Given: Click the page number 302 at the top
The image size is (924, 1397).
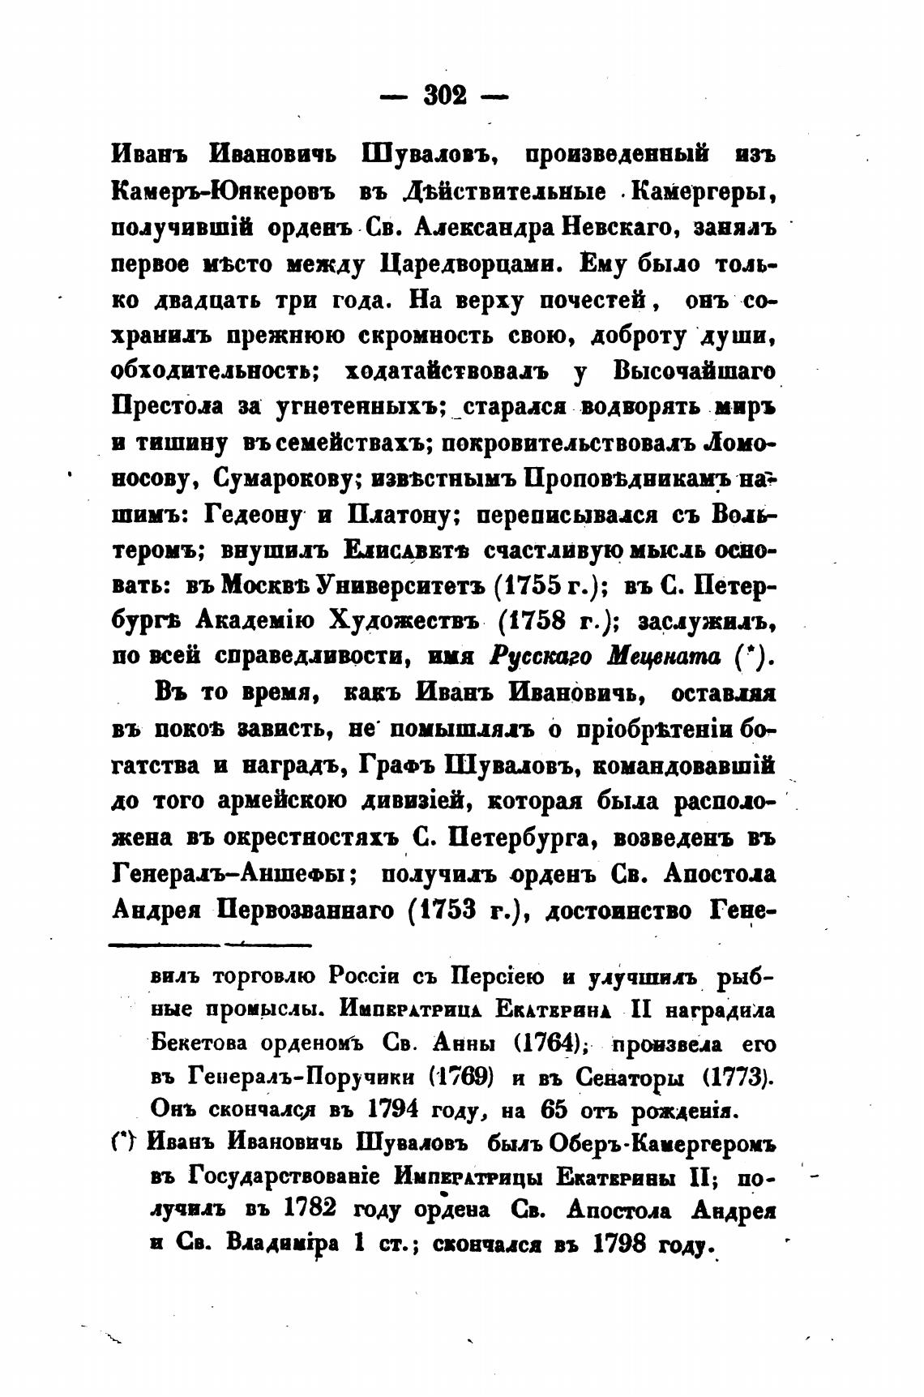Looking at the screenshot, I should click(x=444, y=96).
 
